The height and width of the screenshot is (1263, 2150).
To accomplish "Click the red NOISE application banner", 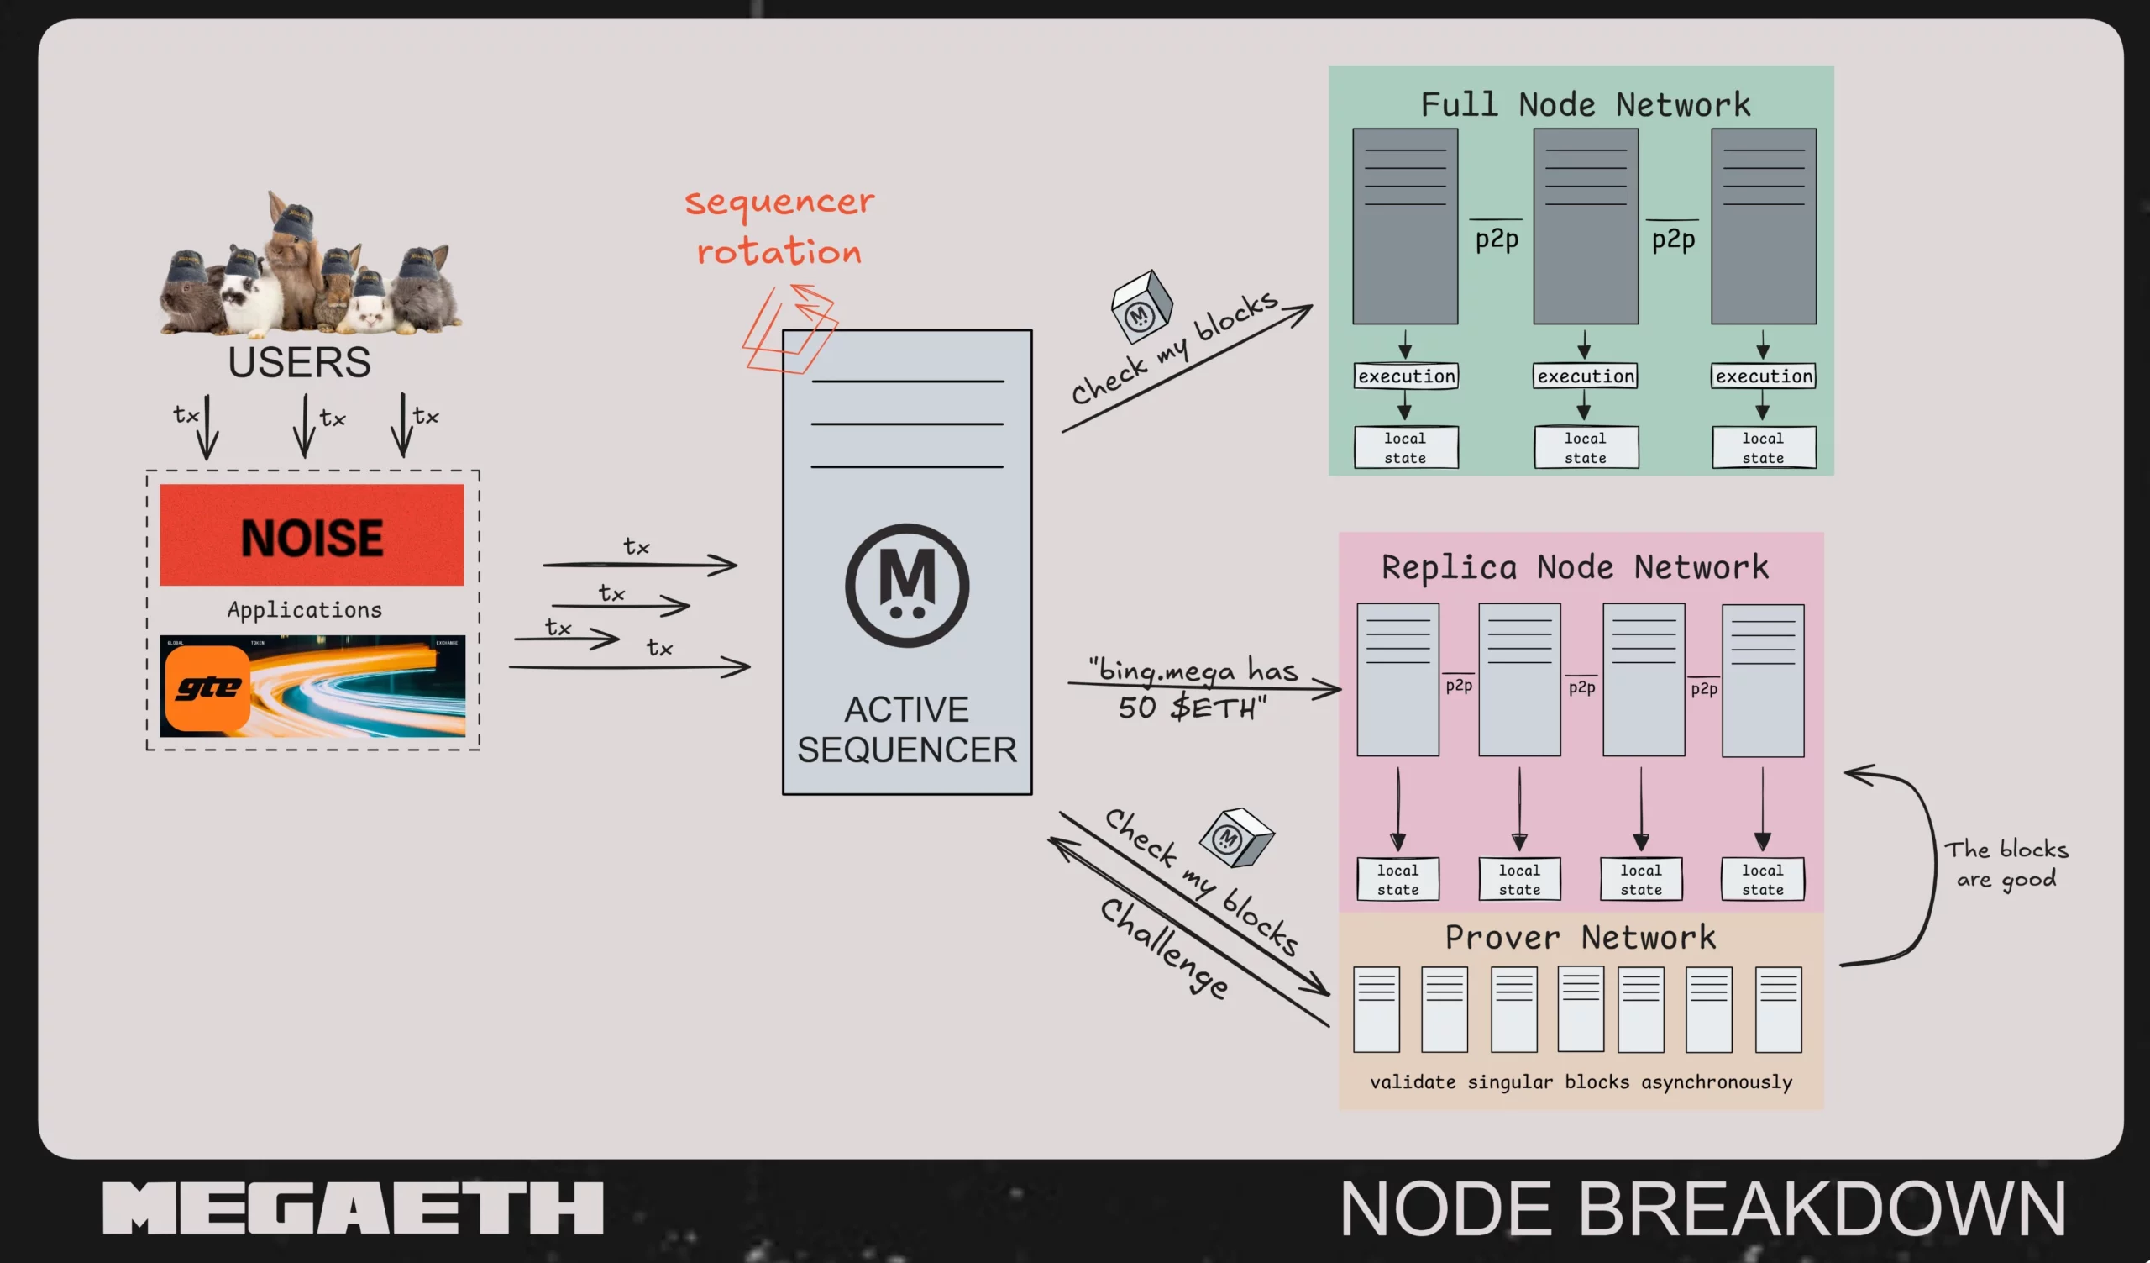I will tap(312, 535).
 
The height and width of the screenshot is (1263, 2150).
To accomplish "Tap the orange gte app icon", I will tap(207, 689).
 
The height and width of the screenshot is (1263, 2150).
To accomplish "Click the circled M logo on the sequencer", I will tap(907, 586).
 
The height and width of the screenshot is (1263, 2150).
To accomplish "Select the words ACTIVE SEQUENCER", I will tap(907, 730).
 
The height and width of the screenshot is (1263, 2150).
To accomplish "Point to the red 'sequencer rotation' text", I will tap(779, 227).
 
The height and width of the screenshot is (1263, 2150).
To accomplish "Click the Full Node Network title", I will tap(1584, 105).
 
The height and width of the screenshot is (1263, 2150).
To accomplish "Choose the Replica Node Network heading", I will tap(1575, 567).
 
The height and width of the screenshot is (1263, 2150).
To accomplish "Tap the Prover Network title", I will tap(1580, 937).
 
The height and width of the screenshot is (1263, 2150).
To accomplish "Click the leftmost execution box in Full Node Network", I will tap(1406, 376).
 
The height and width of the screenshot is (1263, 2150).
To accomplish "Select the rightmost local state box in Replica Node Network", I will tap(1763, 880).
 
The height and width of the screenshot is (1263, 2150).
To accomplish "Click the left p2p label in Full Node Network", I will tap(1497, 239).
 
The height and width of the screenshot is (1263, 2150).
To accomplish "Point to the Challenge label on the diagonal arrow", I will tap(1165, 947).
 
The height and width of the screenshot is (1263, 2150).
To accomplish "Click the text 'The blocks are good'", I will tap(2006, 864).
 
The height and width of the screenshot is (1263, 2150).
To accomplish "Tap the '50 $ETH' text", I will tap(1192, 708).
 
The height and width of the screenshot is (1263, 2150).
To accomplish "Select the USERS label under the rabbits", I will tap(299, 363).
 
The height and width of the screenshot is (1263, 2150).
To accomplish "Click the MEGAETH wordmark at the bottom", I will tap(353, 1208).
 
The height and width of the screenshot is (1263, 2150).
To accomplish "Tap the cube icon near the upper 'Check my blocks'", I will tap(1141, 306).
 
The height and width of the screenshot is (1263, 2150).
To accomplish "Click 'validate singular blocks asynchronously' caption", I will tap(1580, 1082).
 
